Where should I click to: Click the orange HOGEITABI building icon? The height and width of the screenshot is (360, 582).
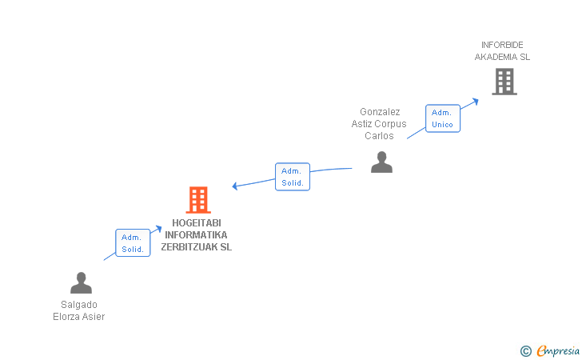point(197,200)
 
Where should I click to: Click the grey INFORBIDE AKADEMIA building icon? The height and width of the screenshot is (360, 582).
point(504,82)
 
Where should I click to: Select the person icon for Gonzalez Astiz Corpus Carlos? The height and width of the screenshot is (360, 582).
point(381,162)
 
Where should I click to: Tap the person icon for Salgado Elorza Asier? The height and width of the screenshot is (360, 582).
point(81,283)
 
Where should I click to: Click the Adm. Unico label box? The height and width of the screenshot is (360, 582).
point(442,118)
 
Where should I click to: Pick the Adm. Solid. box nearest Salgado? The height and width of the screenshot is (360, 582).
point(132,243)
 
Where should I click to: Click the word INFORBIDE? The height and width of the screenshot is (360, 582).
point(502,45)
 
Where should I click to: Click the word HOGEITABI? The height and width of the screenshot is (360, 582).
point(196,223)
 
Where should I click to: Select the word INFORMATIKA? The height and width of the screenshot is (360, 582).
point(196,235)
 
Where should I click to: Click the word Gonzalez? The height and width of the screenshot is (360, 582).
point(380,112)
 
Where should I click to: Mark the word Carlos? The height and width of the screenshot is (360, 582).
point(379,136)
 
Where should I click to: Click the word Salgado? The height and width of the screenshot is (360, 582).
point(78,304)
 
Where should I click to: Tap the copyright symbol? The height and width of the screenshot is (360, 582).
point(525,350)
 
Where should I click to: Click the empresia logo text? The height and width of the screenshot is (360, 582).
point(558,350)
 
